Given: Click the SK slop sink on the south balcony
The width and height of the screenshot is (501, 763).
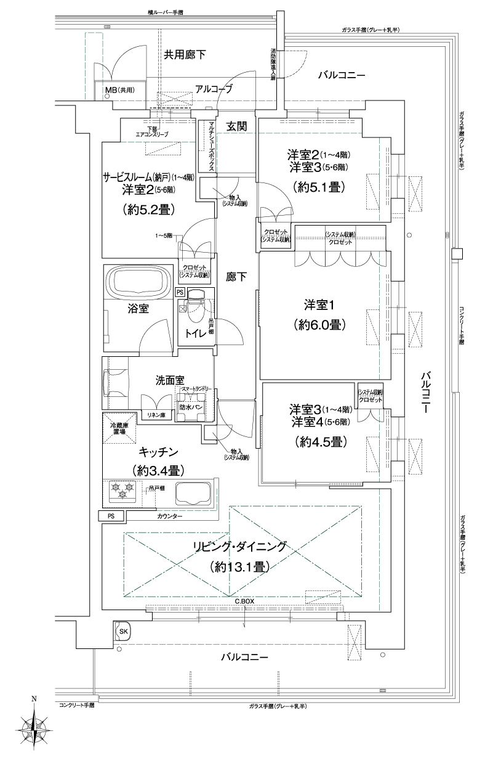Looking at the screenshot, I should [x=122, y=632].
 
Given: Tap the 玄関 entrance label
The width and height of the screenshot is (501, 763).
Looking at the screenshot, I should [x=236, y=126].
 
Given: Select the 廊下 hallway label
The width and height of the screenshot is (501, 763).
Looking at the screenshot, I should [x=236, y=277].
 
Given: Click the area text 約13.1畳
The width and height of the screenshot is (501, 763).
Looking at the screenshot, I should [x=239, y=566].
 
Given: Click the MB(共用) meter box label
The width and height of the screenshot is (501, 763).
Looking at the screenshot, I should [x=119, y=90].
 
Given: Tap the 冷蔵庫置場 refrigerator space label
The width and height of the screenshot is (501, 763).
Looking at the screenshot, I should [x=118, y=429].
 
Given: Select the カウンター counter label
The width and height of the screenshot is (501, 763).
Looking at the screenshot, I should [x=169, y=516].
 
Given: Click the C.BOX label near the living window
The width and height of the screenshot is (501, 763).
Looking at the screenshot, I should [x=244, y=601].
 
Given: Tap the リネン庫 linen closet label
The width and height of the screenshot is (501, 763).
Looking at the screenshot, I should [x=154, y=415].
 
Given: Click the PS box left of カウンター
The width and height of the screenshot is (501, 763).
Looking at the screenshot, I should [x=111, y=516].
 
